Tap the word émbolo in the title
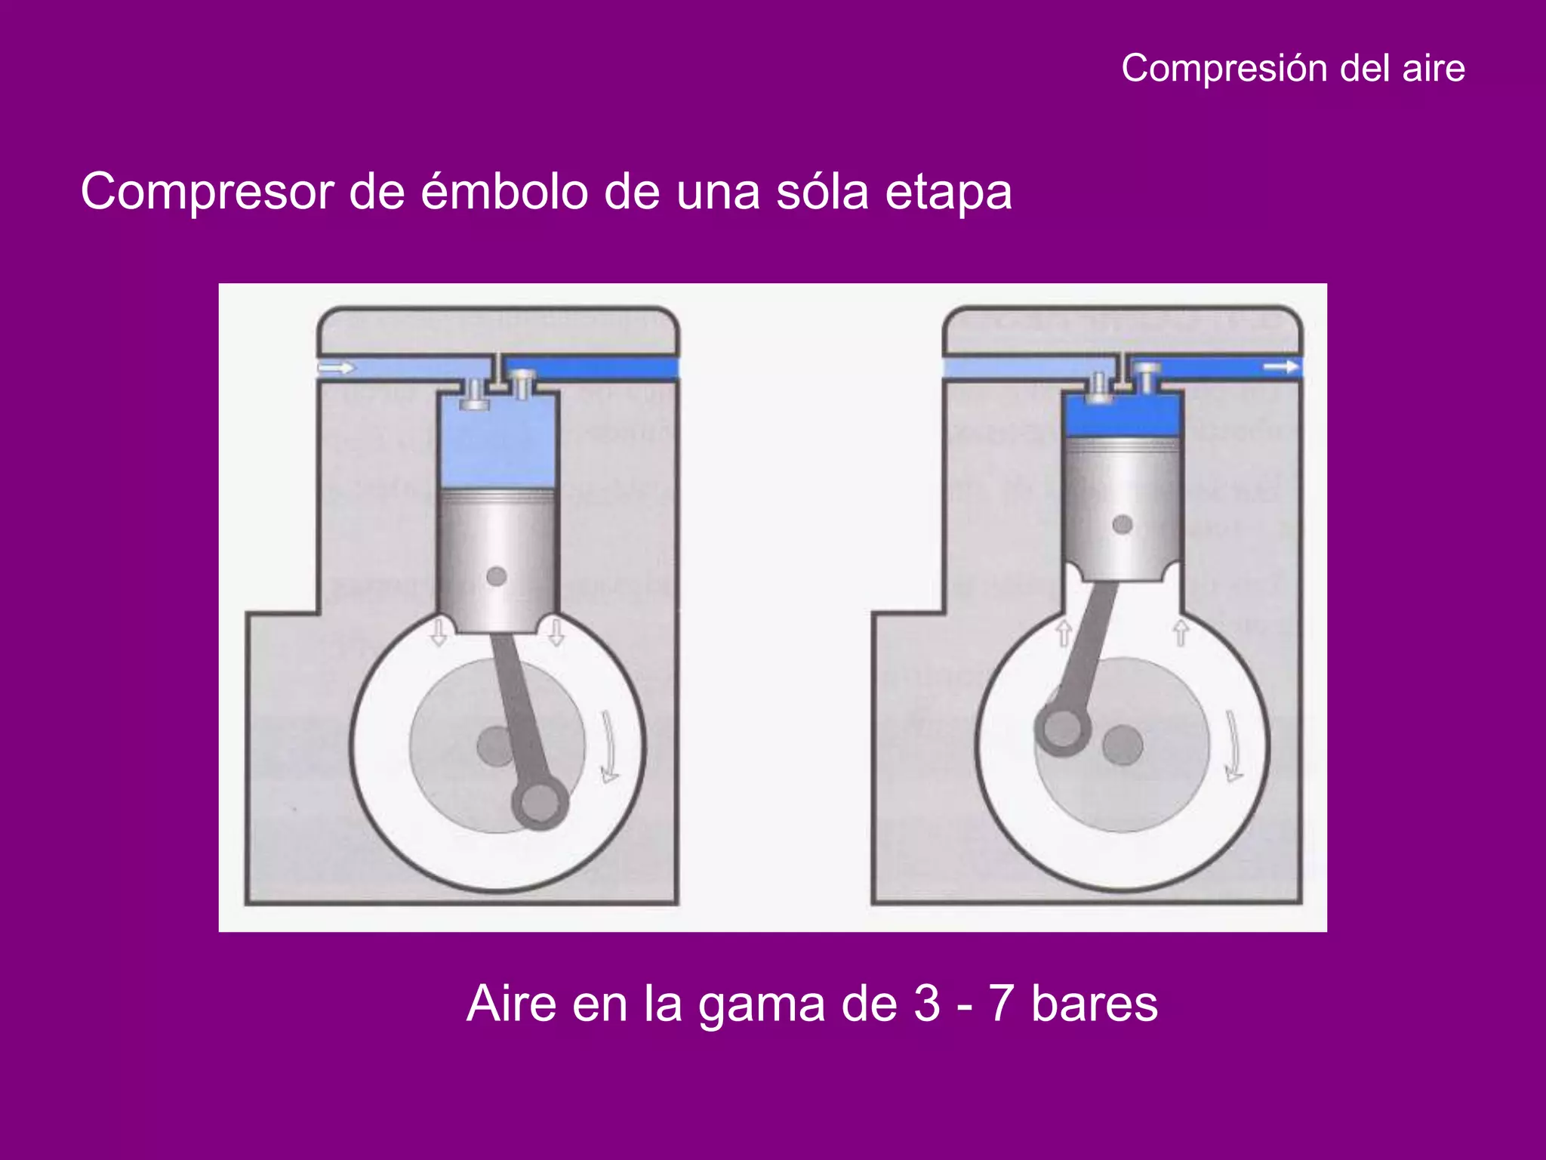(x=504, y=192)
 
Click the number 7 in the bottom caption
(x=1000, y=1004)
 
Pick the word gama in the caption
(x=761, y=1005)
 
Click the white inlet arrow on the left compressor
(x=336, y=368)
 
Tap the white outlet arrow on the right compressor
(x=1281, y=367)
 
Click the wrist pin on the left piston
(x=496, y=576)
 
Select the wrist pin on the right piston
(x=1123, y=524)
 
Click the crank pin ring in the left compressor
(x=539, y=803)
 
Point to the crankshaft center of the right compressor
(x=1123, y=745)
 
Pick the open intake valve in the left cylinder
(x=474, y=396)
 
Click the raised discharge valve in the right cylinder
(x=1147, y=375)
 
